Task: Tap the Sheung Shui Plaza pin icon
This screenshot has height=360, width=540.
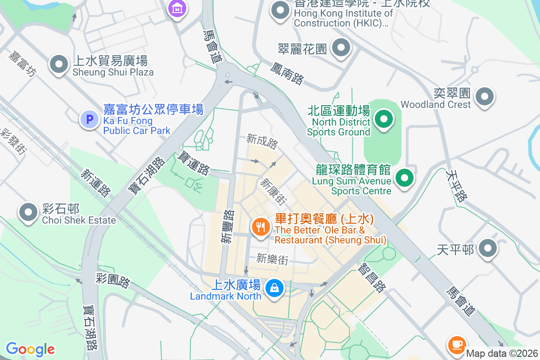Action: click(59, 65)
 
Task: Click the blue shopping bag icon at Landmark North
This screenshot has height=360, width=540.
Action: click(274, 287)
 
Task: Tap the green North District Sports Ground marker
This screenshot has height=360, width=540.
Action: click(384, 120)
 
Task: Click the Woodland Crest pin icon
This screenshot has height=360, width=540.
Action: click(485, 96)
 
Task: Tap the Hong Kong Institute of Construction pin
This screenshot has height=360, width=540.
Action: click(280, 10)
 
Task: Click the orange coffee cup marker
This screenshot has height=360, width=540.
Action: click(456, 344)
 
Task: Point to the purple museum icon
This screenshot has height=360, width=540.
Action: click(177, 8)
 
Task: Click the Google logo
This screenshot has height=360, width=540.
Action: click(30, 349)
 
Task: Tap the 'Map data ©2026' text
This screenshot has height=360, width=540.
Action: click(501, 354)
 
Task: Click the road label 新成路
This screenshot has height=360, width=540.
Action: click(262, 141)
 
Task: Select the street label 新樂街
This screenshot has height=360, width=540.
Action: click(272, 259)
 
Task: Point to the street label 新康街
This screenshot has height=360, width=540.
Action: click(273, 191)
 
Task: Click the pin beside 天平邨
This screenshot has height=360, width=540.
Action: click(487, 248)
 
